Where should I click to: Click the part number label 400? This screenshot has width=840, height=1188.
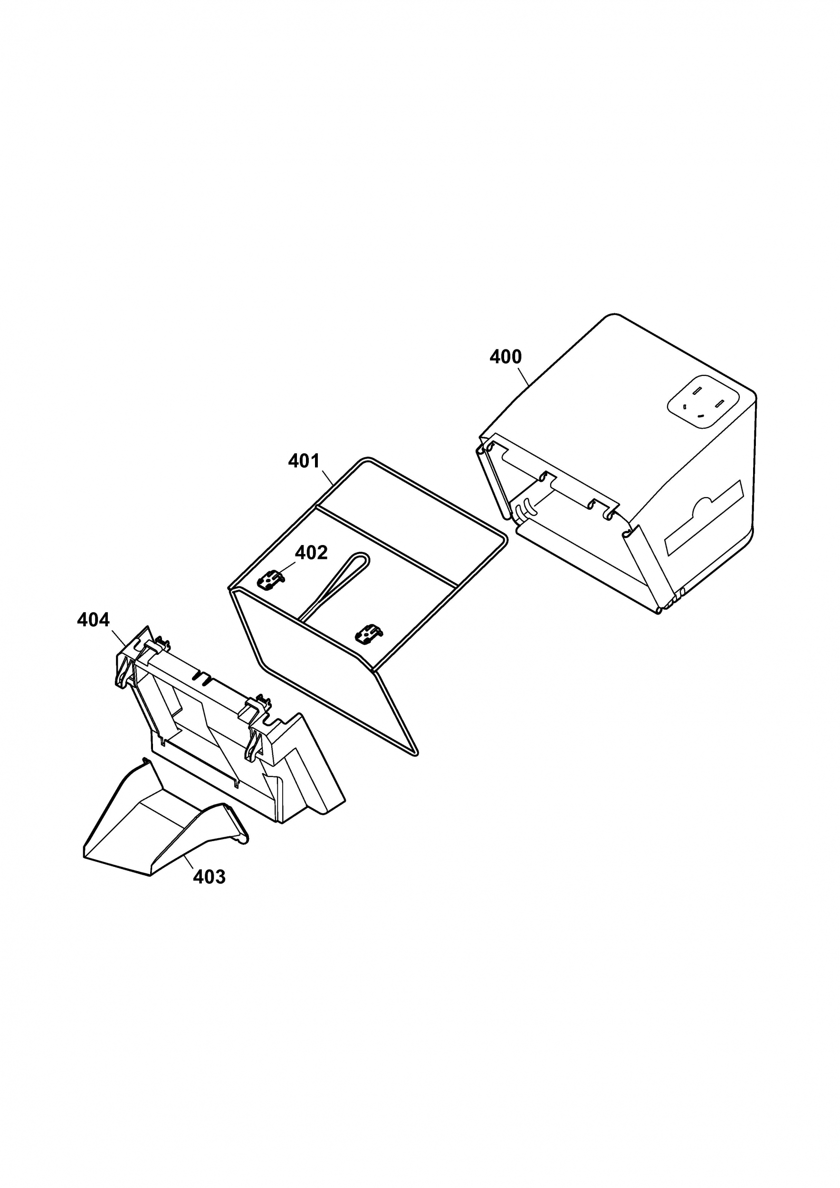tap(506, 357)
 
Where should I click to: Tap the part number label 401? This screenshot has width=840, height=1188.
tap(304, 461)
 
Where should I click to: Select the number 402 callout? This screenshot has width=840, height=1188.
tap(311, 553)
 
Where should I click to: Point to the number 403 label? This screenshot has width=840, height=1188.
tap(210, 877)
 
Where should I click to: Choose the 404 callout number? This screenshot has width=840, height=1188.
tap(93, 620)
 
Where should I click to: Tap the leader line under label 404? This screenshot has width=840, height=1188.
tap(118, 637)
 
